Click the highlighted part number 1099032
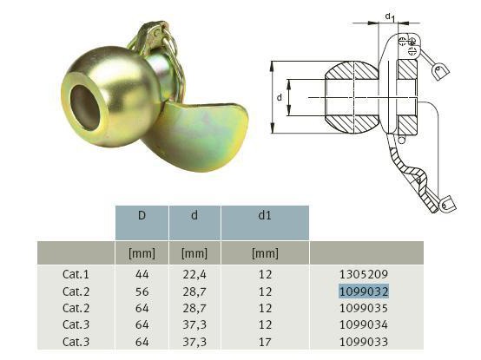pos(364,291)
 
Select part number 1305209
pos(364,274)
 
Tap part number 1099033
pos(364,342)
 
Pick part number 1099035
pos(364,308)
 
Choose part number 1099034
pos(364,324)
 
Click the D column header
pos(142,215)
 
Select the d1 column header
pos(265,215)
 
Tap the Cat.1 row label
pos(76,274)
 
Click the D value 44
pos(142,274)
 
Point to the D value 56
pos(142,291)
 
